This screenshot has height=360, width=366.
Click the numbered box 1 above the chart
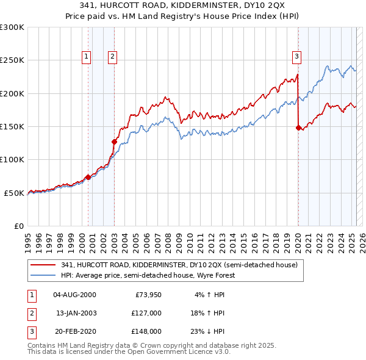tap(86, 57)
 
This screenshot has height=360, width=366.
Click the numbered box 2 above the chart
tap(113, 57)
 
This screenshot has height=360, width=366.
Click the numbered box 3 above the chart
tap(296, 57)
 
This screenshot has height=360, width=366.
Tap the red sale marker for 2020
tap(298, 128)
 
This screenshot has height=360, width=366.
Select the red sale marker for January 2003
tap(114, 142)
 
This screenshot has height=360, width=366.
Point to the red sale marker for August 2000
tap(88, 177)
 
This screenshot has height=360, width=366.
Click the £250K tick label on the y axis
tap(12, 60)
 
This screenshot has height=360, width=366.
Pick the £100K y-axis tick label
tap(12, 159)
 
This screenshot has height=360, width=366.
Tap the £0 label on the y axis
tap(18, 226)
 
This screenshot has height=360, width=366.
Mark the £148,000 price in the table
tap(146, 331)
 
